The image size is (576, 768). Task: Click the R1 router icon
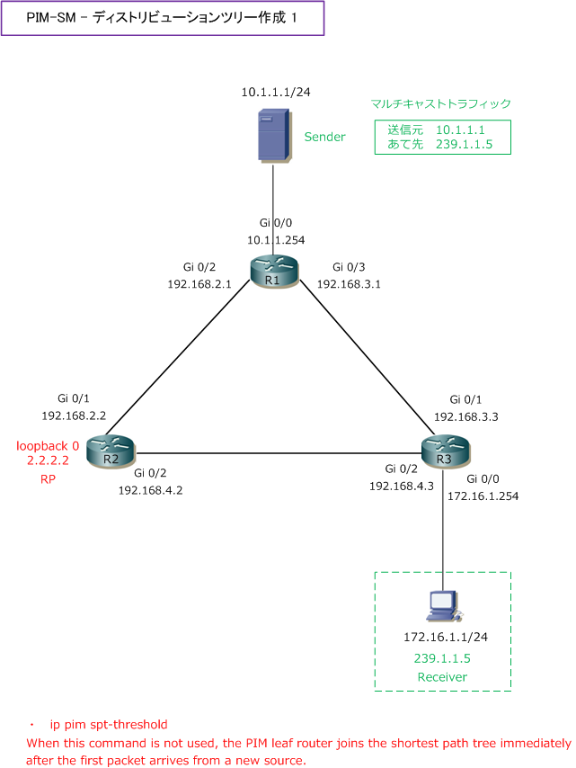coord(271,272)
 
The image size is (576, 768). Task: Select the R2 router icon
coord(110,452)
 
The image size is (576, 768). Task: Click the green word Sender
coord(325,137)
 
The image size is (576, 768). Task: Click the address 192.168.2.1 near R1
coord(199,283)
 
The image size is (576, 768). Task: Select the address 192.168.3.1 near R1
coord(350,283)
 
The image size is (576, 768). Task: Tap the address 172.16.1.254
coord(483,496)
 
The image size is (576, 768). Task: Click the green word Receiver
coord(442,676)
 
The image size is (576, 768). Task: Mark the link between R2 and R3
coord(279,453)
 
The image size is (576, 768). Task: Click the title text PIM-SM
coord(53,18)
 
